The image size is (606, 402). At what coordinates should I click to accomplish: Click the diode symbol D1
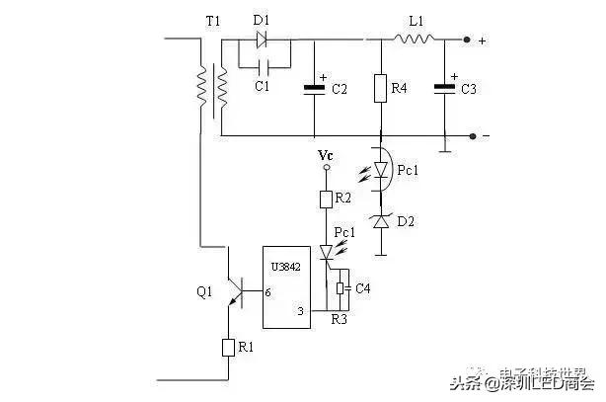(x=263, y=40)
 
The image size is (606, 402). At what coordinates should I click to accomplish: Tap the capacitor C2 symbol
(x=314, y=89)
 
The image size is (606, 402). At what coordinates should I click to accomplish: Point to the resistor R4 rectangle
(x=380, y=89)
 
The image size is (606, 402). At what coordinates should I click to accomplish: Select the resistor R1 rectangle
(x=228, y=348)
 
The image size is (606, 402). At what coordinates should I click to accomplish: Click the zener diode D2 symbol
(x=380, y=222)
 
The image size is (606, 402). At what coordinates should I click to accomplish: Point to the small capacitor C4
(x=341, y=289)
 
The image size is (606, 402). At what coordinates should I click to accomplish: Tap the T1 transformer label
(x=212, y=22)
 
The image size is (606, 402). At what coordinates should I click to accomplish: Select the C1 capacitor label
(x=262, y=87)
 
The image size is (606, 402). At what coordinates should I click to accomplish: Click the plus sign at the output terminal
(x=482, y=41)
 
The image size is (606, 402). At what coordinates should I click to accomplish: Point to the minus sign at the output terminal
(x=484, y=135)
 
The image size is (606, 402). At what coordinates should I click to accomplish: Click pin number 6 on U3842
(x=267, y=292)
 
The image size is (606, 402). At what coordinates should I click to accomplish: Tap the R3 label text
(x=339, y=320)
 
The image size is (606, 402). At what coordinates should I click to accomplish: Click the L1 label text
(x=416, y=22)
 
